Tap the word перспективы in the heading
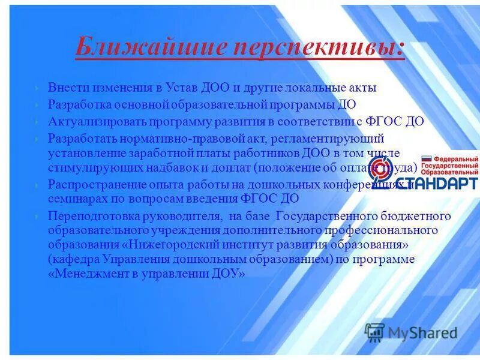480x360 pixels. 319,48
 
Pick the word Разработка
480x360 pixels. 78,104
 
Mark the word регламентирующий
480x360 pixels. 333,139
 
